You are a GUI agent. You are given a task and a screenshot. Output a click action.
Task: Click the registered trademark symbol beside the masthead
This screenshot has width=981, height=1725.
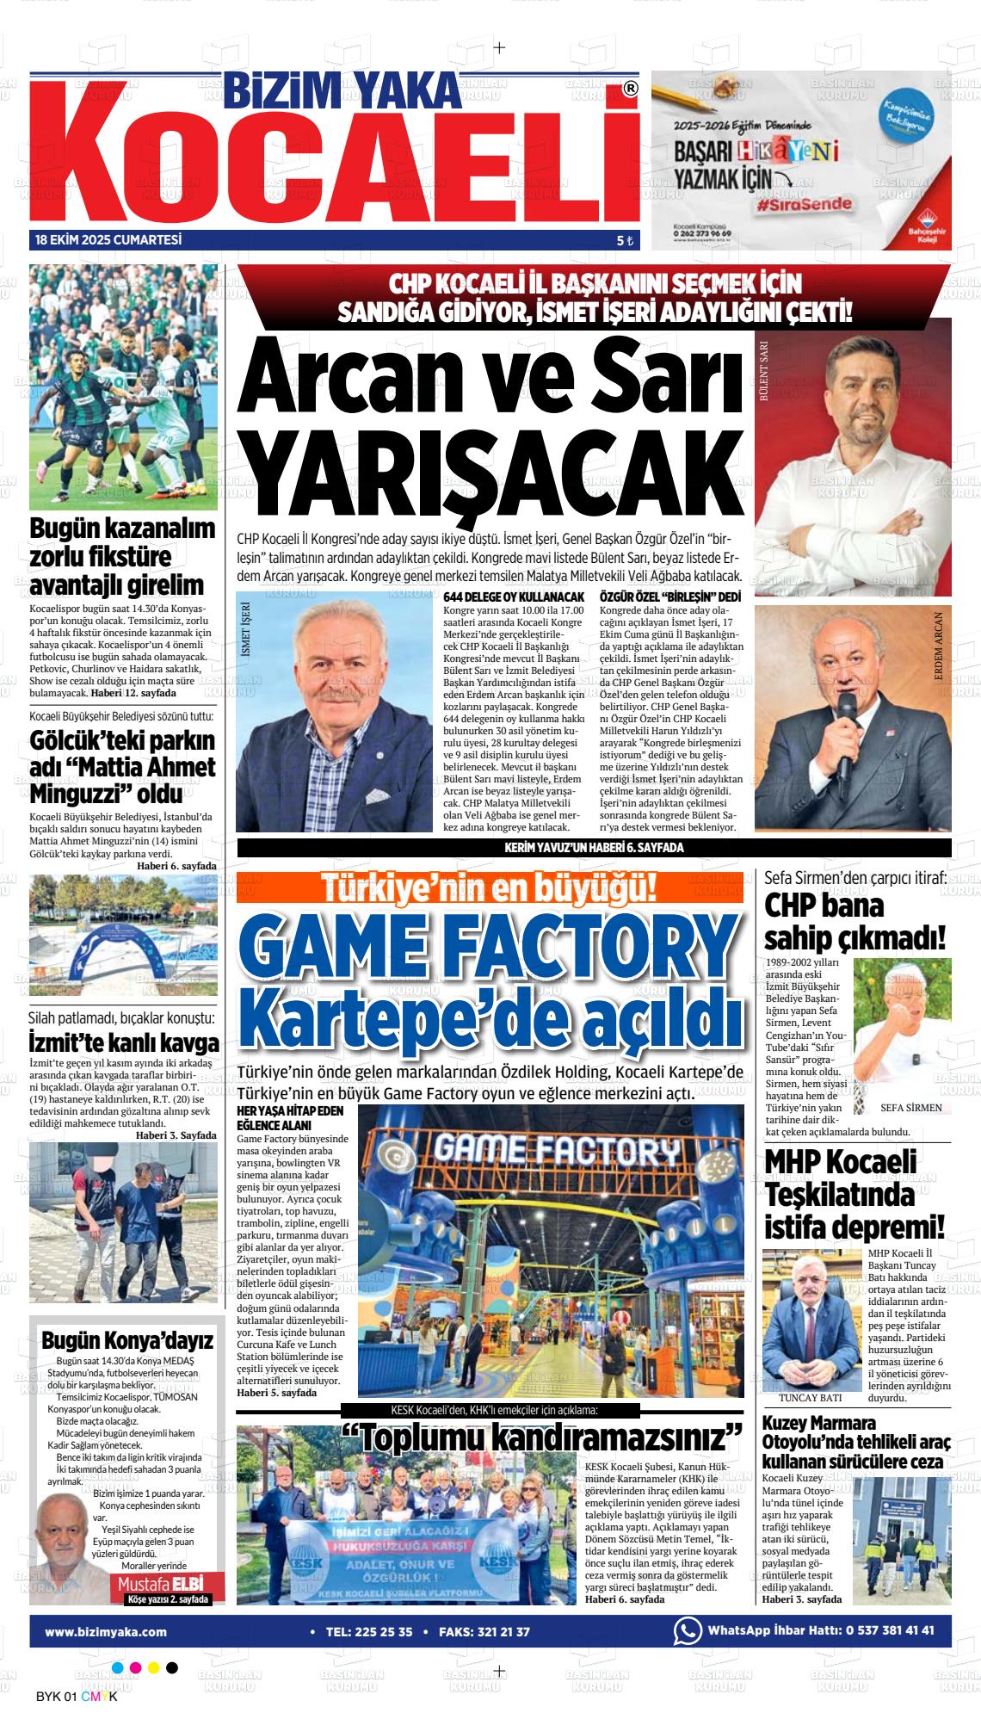630,90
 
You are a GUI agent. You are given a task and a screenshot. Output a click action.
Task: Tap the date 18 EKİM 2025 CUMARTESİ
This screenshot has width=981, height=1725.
108,240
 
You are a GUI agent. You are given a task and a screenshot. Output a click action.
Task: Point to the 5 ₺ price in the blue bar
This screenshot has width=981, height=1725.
625,241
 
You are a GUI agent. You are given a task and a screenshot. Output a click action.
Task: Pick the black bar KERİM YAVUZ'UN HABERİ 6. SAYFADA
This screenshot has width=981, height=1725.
594,848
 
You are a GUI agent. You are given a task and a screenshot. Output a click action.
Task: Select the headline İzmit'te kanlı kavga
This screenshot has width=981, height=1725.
124,1044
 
